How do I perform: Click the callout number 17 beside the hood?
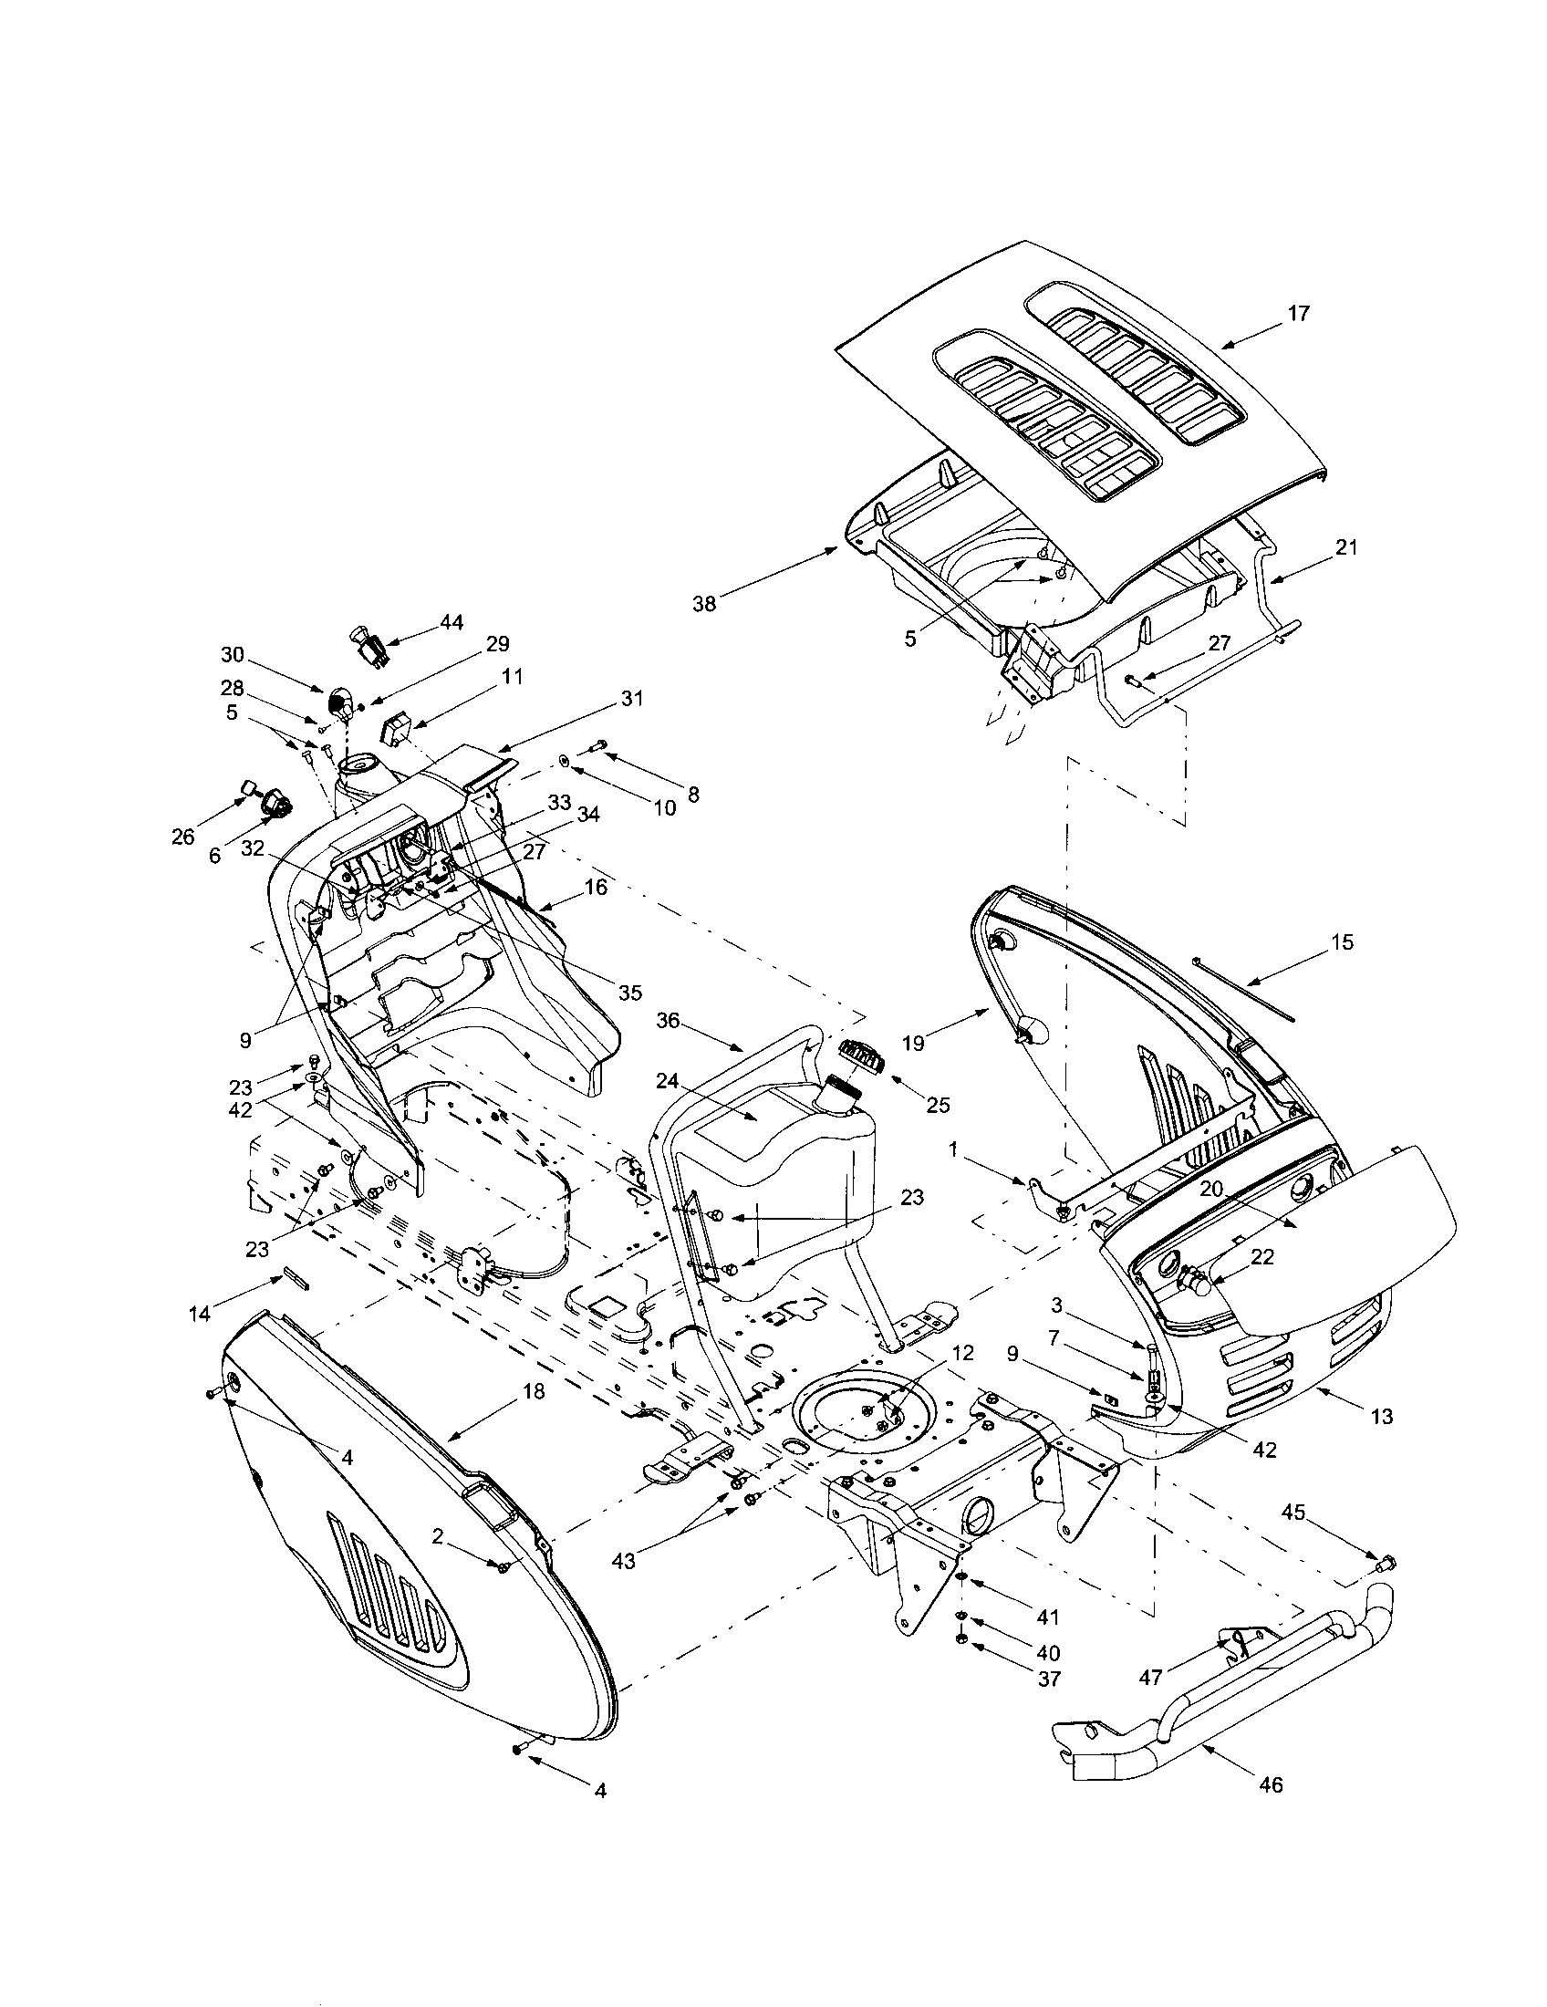coord(1297,313)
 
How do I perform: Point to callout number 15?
coord(1342,943)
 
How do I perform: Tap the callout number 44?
coord(450,622)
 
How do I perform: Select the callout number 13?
coord(1380,1416)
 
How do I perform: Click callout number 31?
coord(631,699)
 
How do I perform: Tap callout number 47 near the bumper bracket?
coord(1151,1678)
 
